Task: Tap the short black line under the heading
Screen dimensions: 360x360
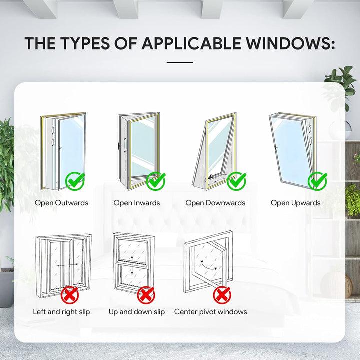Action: point(179,62)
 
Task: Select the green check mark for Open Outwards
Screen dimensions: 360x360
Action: point(75,181)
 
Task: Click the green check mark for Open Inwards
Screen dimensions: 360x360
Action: point(156,181)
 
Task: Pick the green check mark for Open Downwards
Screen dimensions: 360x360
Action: point(236,181)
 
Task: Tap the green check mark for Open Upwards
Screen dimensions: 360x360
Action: point(317,181)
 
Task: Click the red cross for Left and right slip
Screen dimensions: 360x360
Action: point(70,295)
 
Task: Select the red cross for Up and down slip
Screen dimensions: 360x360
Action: point(146,295)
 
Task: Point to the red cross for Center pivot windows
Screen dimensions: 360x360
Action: point(222,295)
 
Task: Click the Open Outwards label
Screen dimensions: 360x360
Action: point(61,203)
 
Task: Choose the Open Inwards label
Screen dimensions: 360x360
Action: point(137,203)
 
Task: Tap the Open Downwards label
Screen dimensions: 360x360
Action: point(215,203)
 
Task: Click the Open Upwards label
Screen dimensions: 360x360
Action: point(296,203)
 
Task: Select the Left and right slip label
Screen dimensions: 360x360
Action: point(61,312)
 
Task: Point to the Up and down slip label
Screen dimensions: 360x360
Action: point(137,312)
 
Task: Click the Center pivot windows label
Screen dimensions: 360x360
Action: point(210,312)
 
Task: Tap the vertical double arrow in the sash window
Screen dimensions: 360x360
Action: point(131,265)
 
